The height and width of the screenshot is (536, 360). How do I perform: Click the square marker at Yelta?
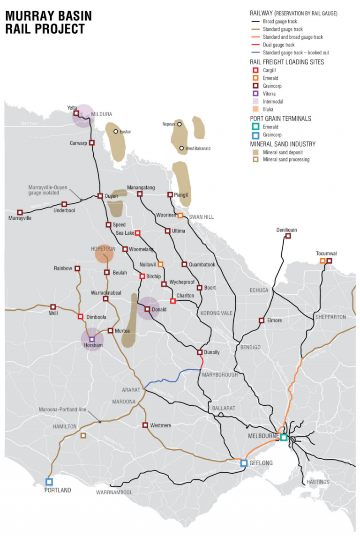[76, 113]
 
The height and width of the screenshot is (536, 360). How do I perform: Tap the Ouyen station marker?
[100, 196]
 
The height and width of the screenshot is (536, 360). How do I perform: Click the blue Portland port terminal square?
[49, 481]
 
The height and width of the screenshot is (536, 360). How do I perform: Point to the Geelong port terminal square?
[244, 463]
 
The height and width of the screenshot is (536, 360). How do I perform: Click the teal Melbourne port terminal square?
[284, 437]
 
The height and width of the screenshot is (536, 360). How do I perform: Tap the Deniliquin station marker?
[288, 236]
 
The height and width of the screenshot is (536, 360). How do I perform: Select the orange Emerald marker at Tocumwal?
[322, 261]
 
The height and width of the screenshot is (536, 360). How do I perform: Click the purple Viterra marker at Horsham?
[92, 339]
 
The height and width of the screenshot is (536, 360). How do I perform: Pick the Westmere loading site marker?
[145, 425]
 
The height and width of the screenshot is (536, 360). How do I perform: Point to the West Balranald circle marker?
[181, 149]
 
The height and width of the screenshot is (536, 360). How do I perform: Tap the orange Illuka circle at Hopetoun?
[104, 253]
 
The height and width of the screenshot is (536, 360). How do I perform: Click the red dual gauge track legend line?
[255, 45]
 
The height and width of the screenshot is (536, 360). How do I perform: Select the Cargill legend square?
[255, 70]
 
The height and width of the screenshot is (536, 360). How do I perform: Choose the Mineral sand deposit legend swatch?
[255, 152]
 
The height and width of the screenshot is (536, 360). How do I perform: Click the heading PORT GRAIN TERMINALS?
[280, 119]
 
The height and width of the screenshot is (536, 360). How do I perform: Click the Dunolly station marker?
[200, 352]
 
